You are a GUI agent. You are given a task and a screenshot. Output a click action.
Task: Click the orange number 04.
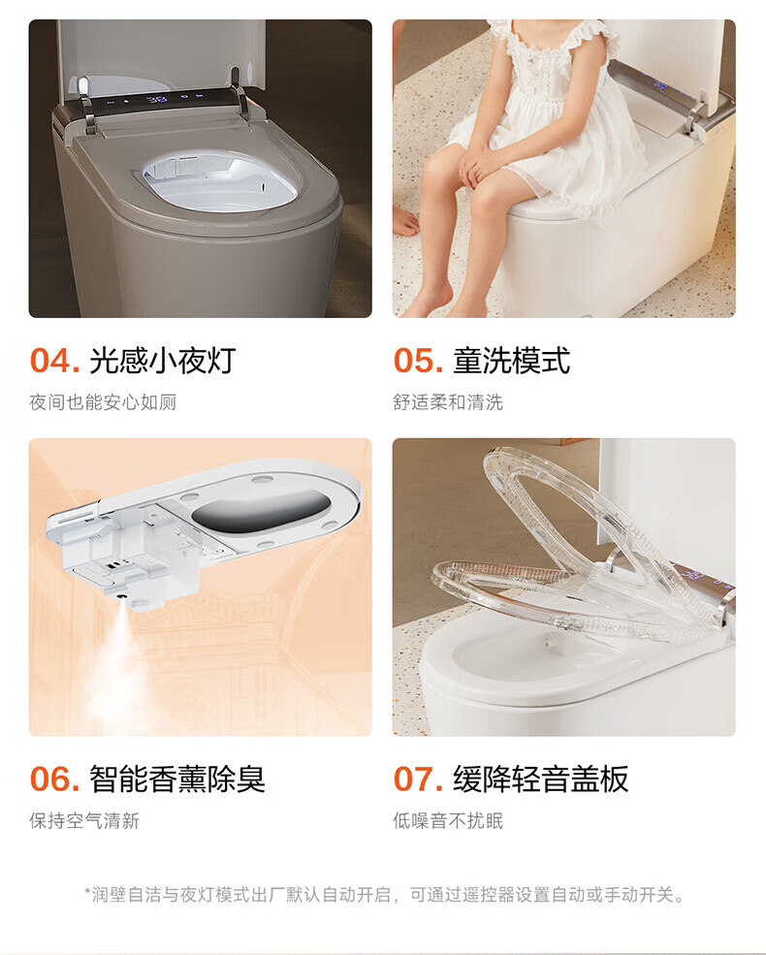[55, 361]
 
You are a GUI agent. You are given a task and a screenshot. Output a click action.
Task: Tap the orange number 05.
[418, 361]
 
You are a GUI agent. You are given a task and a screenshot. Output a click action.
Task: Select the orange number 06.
[55, 779]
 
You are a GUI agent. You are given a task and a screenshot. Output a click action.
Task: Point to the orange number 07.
[418, 779]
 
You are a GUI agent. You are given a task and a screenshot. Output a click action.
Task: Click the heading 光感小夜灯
[163, 361]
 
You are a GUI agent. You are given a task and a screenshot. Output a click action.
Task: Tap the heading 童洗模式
[512, 361]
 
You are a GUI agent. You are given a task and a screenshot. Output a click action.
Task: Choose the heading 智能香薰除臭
[177, 779]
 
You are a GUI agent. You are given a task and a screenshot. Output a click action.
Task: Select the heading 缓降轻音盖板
[540, 779]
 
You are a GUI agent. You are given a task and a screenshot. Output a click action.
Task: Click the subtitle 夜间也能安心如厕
[103, 402]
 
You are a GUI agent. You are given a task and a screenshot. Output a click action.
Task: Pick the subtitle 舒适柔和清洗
[448, 402]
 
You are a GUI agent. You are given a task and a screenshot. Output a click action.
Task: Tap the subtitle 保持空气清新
[84, 820]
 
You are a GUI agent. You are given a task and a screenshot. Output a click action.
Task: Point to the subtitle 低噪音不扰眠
[448, 820]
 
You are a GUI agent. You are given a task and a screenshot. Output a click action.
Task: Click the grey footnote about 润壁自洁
[384, 895]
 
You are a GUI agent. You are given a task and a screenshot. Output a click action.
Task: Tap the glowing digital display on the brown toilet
[157, 99]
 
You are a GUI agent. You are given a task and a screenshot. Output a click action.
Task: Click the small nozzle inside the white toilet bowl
[553, 641]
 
